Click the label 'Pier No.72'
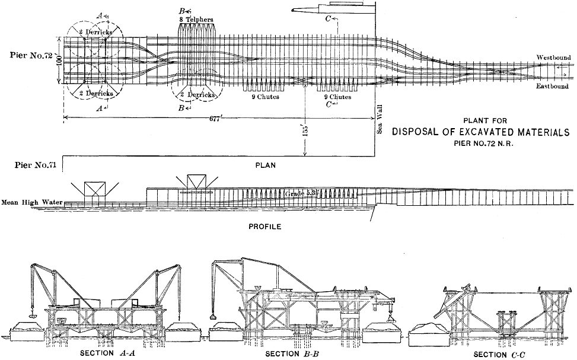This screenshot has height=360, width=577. click(x=34, y=55)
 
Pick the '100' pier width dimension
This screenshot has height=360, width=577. click(x=59, y=62)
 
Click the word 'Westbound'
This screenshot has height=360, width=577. click(x=554, y=57)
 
